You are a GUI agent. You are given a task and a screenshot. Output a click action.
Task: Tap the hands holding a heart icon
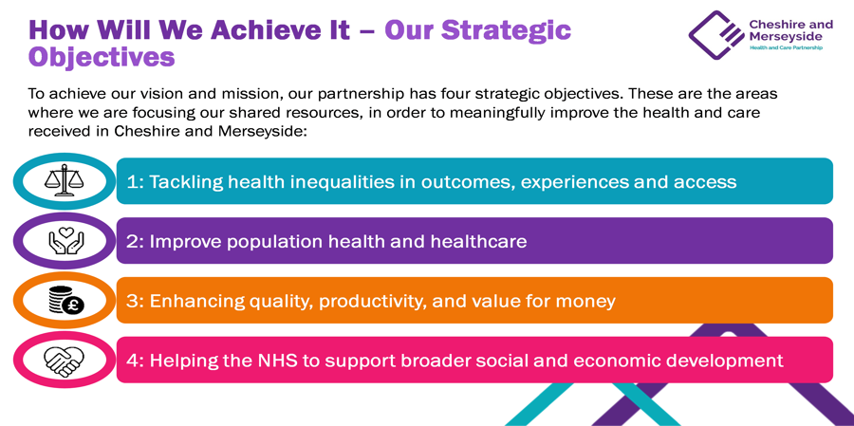pos(65,240)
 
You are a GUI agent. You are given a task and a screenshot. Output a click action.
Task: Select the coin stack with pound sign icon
pos(65,301)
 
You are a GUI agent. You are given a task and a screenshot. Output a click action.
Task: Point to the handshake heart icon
pos(65,361)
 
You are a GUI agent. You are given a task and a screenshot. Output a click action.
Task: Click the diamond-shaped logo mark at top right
pos(716,34)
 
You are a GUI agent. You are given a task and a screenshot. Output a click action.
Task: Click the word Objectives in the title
pos(102,57)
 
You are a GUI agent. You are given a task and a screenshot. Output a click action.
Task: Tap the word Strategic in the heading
pos(506,30)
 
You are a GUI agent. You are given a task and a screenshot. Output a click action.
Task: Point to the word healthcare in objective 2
pos(479,241)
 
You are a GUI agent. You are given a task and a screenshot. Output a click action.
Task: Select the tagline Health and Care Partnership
pos(786,48)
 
